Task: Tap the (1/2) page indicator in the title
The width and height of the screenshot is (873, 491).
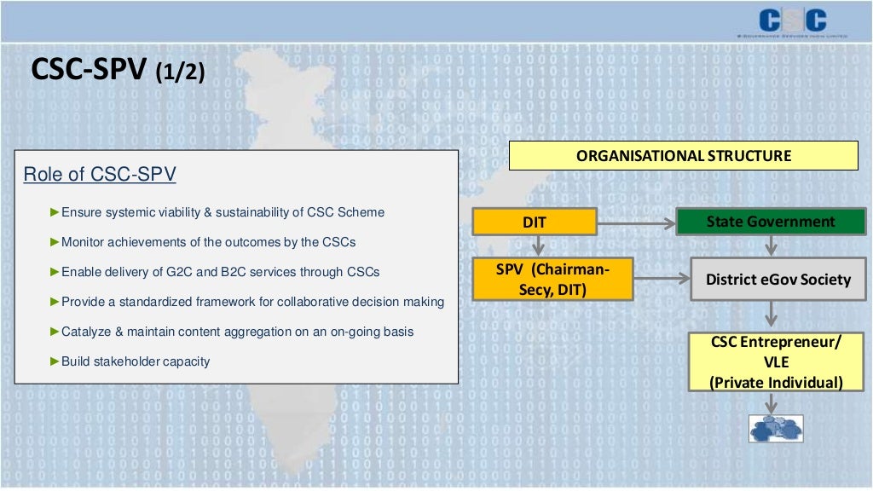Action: point(180,72)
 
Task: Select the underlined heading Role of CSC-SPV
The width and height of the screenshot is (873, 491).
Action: point(100,175)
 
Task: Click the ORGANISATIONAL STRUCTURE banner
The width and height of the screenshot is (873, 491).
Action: point(684,156)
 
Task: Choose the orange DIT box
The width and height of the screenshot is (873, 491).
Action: point(535,222)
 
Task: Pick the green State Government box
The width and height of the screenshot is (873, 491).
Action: point(771,222)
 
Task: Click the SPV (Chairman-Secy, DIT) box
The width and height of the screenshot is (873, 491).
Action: point(553,279)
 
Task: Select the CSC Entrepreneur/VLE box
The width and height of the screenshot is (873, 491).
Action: point(777,362)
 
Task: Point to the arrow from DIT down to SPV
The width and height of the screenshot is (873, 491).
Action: point(538,246)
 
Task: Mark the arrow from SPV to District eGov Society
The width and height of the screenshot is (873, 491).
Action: point(662,279)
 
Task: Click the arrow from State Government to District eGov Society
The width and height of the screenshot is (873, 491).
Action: point(771,246)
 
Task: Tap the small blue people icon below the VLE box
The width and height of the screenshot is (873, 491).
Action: point(776,428)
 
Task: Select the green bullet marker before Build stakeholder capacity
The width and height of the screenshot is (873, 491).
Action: point(55,361)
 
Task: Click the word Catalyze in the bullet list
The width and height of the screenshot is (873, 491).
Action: point(88,332)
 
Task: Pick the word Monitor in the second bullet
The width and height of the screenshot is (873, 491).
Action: point(84,242)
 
